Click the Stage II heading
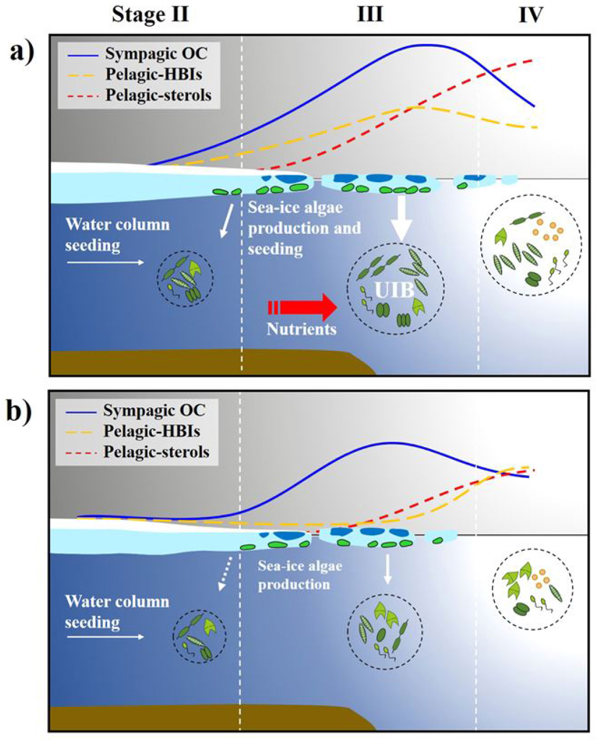[150, 14]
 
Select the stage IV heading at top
[530, 15]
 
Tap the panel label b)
[20, 410]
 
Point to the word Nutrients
[301, 329]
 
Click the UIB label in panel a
[394, 290]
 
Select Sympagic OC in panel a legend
[156, 54]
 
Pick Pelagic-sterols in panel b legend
[156, 452]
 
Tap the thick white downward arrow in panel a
[401, 217]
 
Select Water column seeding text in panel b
[117, 611]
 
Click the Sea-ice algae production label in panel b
[300, 575]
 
